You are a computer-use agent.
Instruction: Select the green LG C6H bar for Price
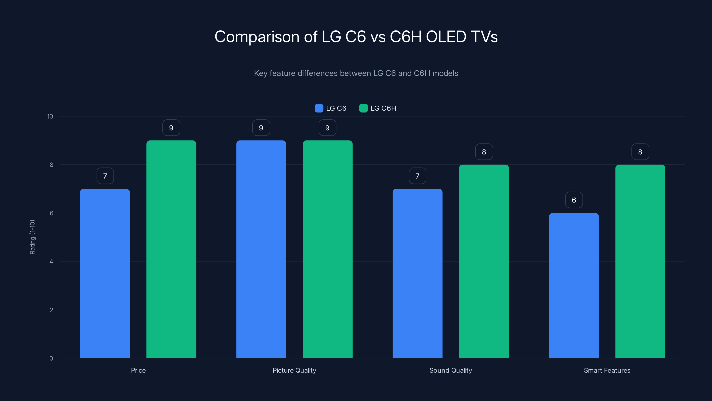171,249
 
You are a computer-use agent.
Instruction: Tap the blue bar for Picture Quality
261,249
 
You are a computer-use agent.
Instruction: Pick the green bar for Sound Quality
484,261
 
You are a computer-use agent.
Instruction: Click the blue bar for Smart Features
574,285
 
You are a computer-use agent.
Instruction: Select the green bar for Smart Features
640,261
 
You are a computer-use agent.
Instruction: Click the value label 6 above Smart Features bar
574,200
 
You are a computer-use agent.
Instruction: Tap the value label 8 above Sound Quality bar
484,152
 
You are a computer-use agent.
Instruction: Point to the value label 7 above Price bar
105,176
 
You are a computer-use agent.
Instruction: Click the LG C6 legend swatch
319,108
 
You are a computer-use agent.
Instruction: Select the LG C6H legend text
383,108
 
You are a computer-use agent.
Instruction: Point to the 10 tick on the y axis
50,116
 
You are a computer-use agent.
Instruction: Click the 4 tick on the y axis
51,262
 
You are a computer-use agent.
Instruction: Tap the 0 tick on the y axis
51,358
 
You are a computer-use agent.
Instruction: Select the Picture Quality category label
294,370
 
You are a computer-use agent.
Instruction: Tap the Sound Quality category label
451,370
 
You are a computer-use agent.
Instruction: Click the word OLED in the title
446,37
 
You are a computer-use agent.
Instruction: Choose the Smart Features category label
607,370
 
